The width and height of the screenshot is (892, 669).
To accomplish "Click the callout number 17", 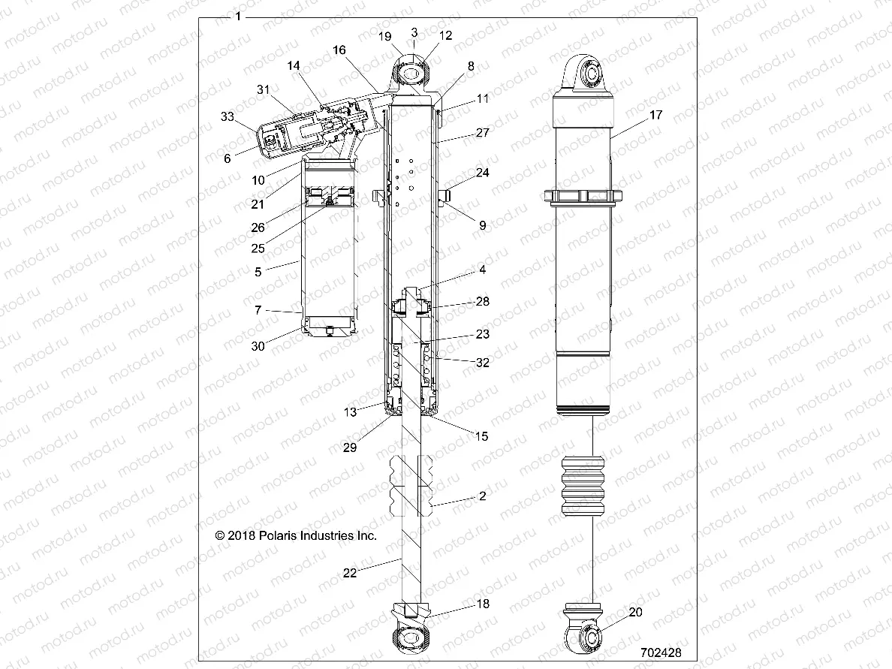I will click(x=656, y=116).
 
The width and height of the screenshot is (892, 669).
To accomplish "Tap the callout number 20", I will click(x=635, y=613).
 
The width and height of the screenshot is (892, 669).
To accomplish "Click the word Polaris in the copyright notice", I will click(x=285, y=536).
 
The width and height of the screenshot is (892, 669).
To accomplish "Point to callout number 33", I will click(x=228, y=116).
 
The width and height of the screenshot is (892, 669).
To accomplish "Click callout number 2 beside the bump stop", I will click(x=482, y=496).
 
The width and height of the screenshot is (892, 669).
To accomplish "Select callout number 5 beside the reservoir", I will click(x=258, y=272).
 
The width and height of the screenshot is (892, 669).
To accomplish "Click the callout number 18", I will click(x=482, y=604).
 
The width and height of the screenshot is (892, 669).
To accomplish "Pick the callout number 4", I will click(x=482, y=270).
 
